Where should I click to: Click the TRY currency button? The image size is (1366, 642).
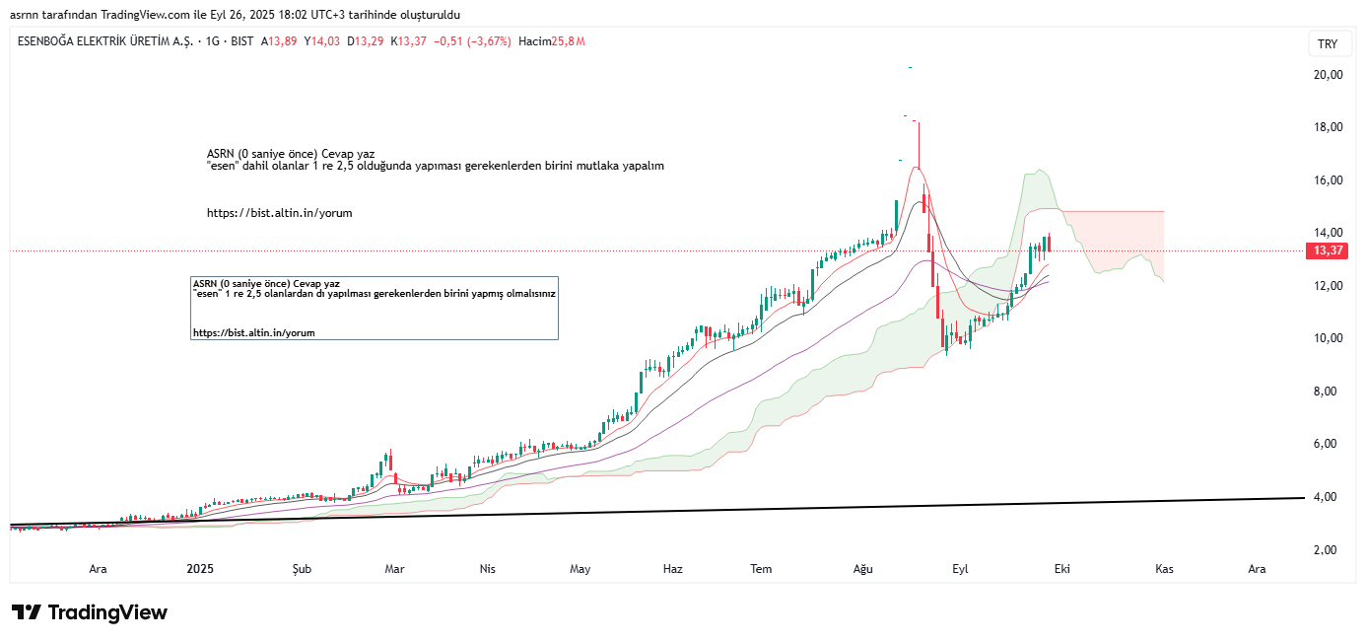[x=1328, y=44]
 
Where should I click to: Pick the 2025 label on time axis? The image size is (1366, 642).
[x=200, y=569]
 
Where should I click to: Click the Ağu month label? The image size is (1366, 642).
[x=863, y=569]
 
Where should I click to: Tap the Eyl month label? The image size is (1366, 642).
[x=960, y=569]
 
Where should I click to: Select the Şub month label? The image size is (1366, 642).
[x=302, y=569]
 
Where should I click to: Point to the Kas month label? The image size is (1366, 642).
[x=1164, y=569]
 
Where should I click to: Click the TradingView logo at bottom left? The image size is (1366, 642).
[x=89, y=612]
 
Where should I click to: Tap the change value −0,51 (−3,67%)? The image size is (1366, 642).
[x=475, y=41]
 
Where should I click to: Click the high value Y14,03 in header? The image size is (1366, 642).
[x=321, y=41]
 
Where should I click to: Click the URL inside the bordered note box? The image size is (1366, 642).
[x=253, y=333]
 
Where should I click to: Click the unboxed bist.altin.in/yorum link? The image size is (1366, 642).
[x=279, y=213]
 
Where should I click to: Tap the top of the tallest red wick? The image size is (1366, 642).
[x=919, y=122]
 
